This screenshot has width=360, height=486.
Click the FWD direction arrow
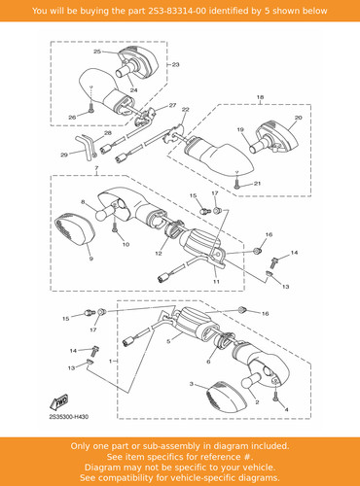pos(59,402)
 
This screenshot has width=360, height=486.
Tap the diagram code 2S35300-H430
pos(68,417)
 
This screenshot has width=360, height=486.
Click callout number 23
pos(175,65)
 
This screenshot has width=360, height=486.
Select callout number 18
pos(260,97)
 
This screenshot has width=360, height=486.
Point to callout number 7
pos(96,168)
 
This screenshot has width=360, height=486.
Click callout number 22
pos(185,110)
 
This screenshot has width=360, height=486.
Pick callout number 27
pos(172,105)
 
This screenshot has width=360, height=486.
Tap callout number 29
pos(64,155)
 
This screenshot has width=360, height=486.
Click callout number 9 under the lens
pos(91,259)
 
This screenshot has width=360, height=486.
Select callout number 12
pos(159,254)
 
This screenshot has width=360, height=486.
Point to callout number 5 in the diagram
pos(168,341)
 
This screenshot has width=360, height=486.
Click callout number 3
pos(192,384)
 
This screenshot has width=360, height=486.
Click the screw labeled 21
pos(236,185)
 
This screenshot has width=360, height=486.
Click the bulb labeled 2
pos(251,380)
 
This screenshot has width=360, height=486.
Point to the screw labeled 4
pos(275,396)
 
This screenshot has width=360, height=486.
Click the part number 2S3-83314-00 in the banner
pos(177,11)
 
